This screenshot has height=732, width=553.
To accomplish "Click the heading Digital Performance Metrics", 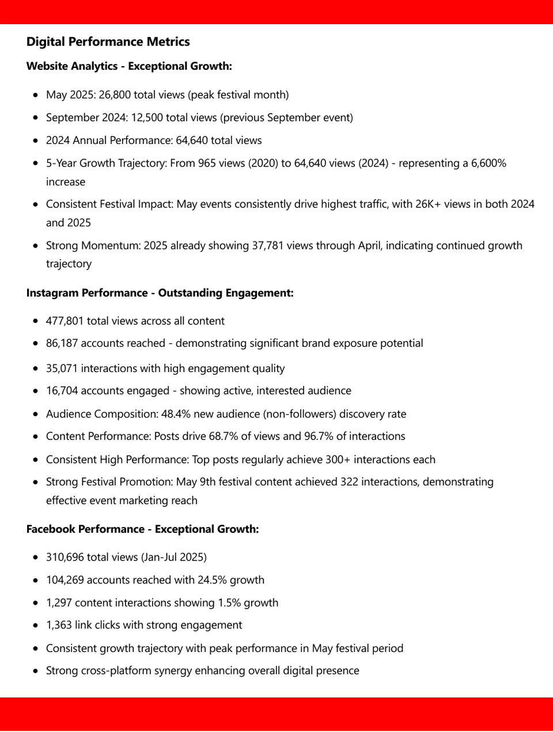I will tap(108, 42).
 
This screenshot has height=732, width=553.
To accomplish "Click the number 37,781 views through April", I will tap(270, 246).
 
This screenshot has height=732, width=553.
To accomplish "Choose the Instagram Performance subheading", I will tap(160, 293).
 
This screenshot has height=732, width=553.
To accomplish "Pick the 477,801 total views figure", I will tap(65, 321).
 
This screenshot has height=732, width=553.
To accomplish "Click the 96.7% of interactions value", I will tap(319, 437).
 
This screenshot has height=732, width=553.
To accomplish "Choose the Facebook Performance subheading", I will tap(142, 529).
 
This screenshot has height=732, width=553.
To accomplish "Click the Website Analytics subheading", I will tap(129, 66).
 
